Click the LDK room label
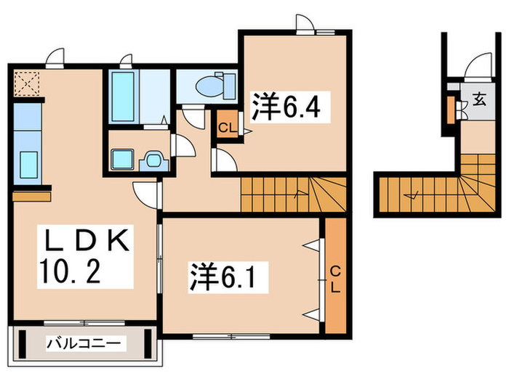83,241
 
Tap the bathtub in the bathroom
122,97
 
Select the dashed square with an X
27,83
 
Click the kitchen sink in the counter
29,163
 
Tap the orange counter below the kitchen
31,196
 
